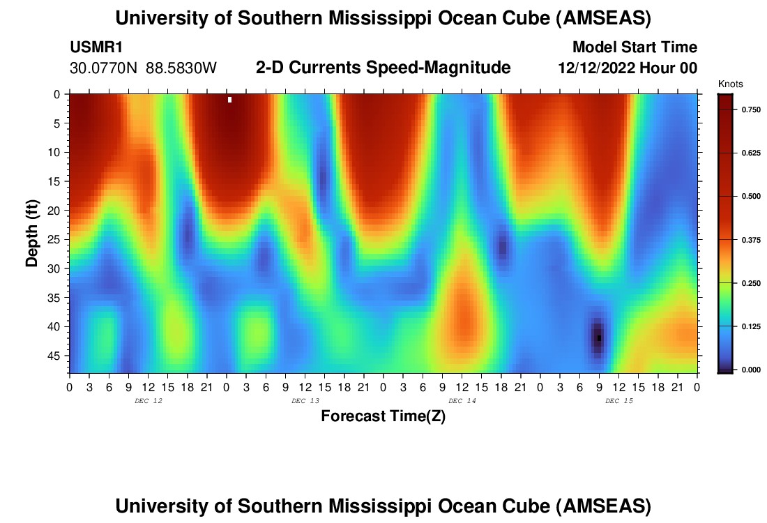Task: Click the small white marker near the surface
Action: (x=230, y=100)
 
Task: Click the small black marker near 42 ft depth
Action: (x=599, y=338)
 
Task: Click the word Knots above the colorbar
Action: (x=730, y=84)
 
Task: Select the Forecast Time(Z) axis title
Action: (x=383, y=416)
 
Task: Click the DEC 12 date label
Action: (x=148, y=401)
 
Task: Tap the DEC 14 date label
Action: (x=462, y=401)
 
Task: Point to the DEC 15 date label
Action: (x=619, y=401)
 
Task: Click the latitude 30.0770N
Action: (x=103, y=68)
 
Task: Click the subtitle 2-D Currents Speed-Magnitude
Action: (x=383, y=68)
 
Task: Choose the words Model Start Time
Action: (x=634, y=47)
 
